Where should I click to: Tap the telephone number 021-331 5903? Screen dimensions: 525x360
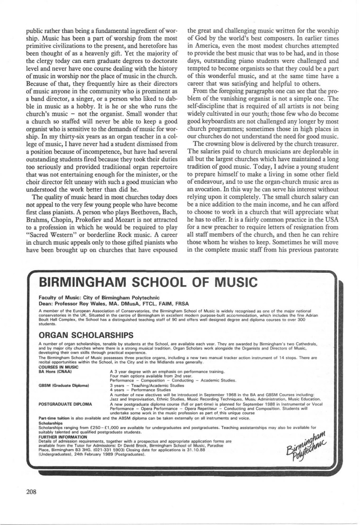point(128,449)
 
